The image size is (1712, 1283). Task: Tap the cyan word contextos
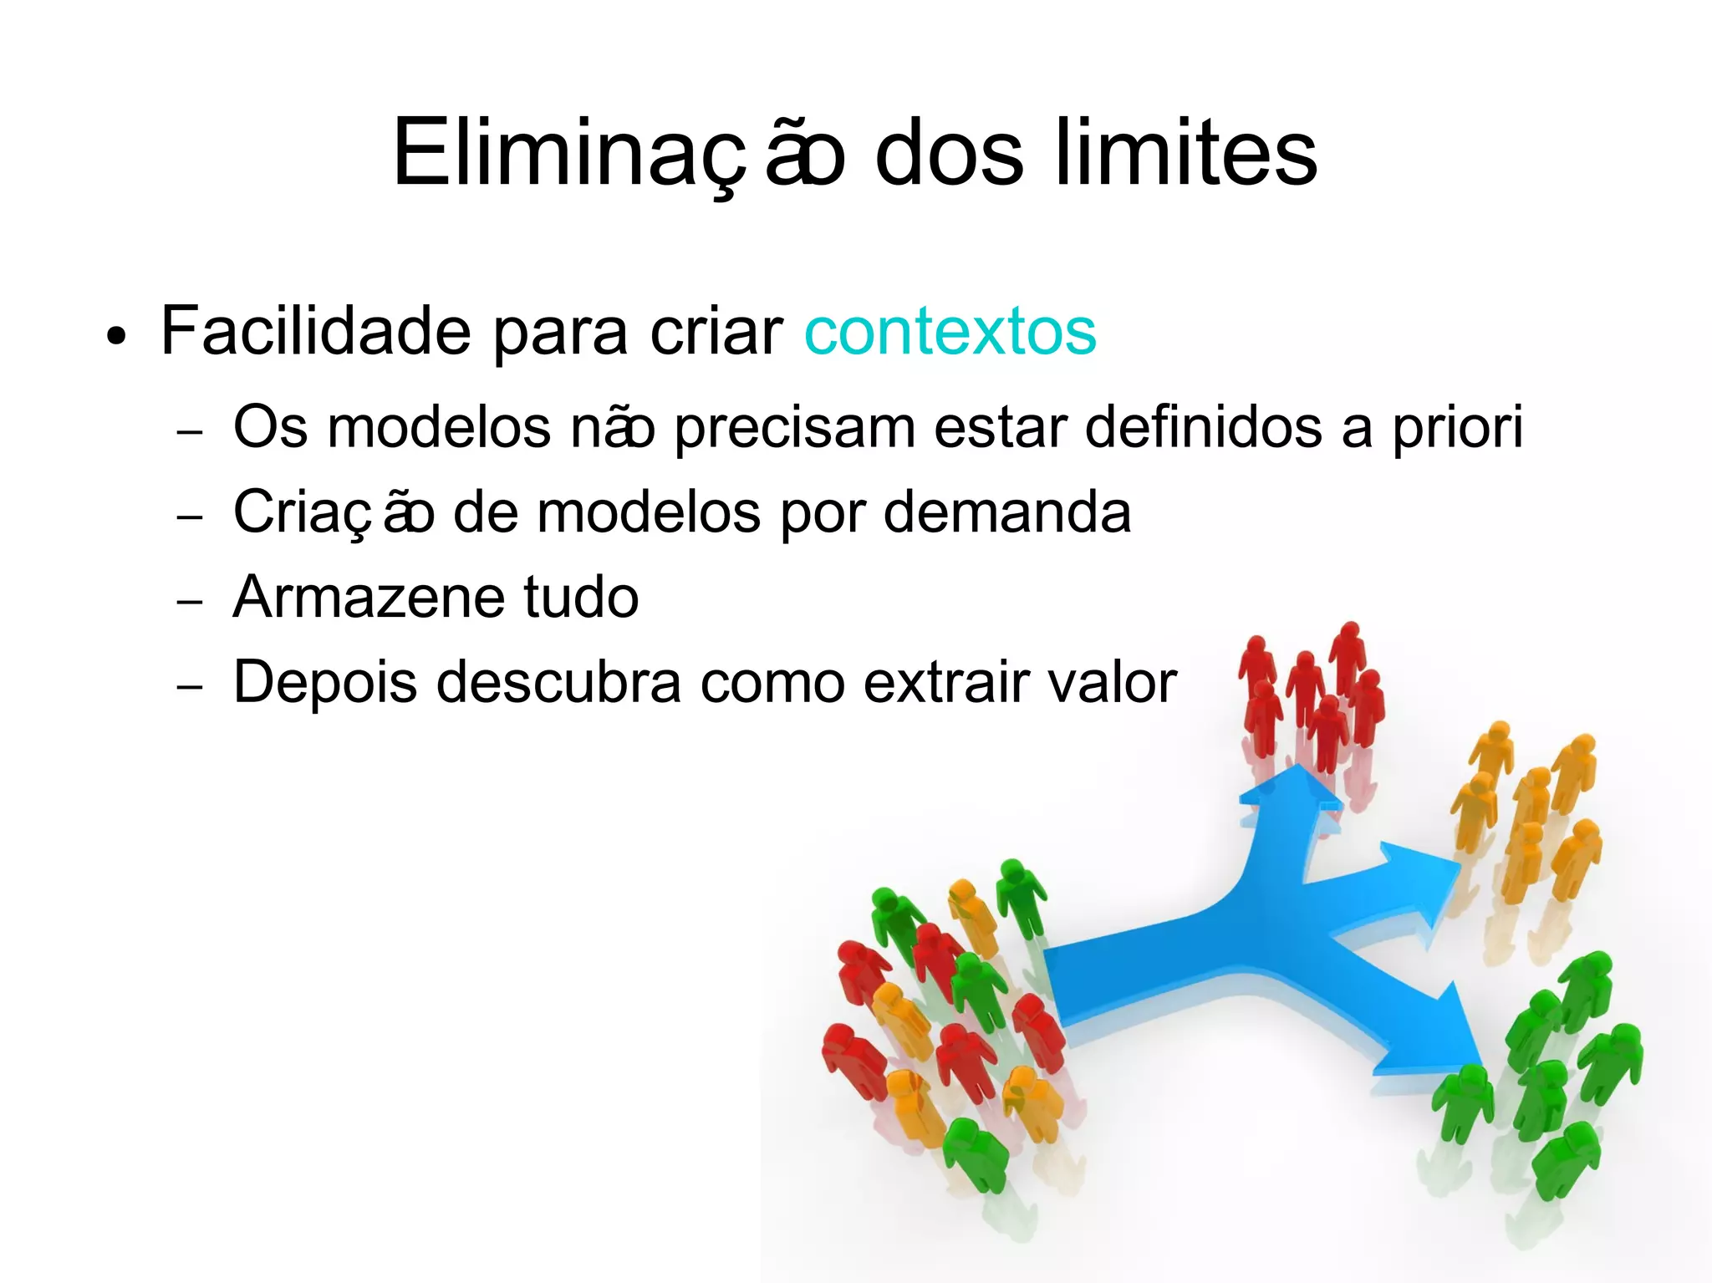coord(950,333)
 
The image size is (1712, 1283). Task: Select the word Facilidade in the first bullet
coord(316,333)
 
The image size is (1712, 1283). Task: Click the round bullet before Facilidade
coord(117,338)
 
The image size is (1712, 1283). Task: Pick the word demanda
coord(1006,512)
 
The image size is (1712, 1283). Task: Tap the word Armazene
coord(368,598)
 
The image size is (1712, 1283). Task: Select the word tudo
coord(581,598)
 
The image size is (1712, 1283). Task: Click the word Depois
coord(324,683)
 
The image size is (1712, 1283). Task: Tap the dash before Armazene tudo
coord(191,602)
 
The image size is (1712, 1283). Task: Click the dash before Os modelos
coord(191,433)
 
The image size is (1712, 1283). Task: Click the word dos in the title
coord(948,154)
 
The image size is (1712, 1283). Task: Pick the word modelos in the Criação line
coord(649,512)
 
